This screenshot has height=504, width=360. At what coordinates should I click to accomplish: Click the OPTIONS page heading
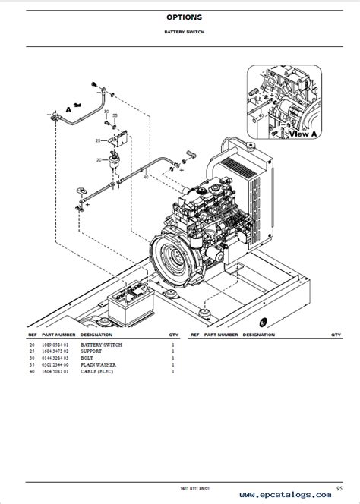[179, 17]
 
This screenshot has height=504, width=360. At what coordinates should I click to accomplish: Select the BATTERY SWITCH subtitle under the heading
[179, 33]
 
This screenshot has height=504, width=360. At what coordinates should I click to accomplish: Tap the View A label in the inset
[304, 134]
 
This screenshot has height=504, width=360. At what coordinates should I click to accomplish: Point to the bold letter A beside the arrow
[68, 109]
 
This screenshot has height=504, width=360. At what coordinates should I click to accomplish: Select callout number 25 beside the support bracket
[99, 140]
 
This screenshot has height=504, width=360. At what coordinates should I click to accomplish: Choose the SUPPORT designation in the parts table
[92, 351]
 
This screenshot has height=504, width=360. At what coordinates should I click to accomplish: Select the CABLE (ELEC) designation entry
[99, 372]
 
